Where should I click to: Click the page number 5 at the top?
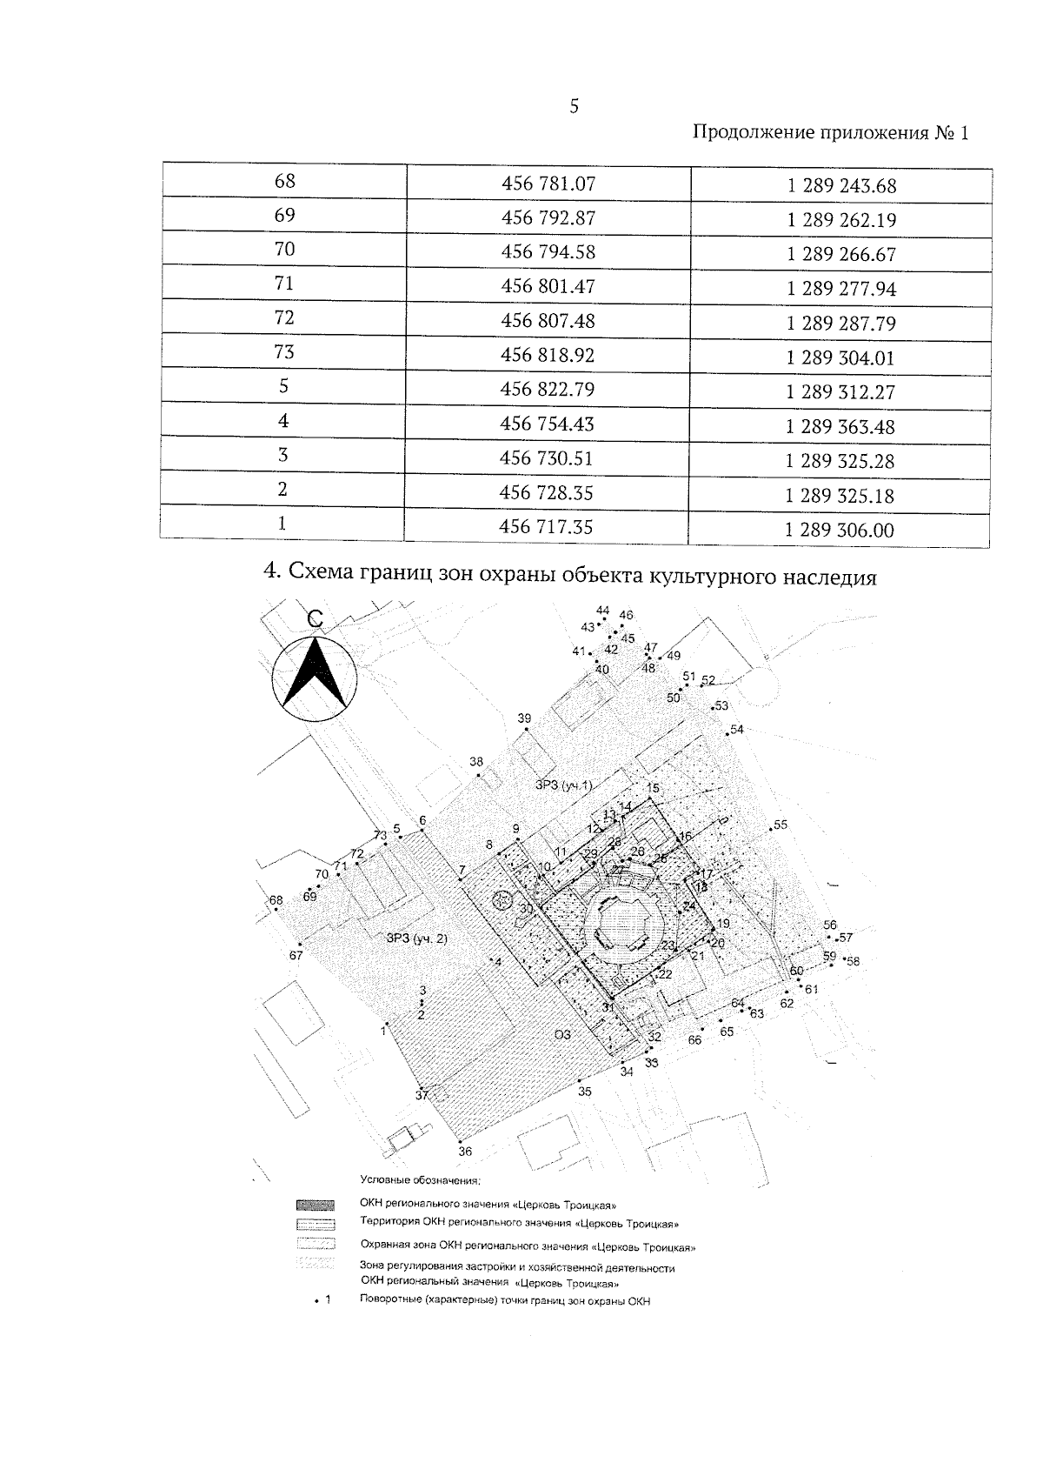[x=573, y=107]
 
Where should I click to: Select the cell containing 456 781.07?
[x=548, y=184]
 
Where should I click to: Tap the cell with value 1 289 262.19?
[x=840, y=220]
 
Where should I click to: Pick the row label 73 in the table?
[x=283, y=351]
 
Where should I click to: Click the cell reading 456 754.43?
[x=548, y=424]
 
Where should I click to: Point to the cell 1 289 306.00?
[x=839, y=530]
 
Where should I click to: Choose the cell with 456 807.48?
[x=548, y=321]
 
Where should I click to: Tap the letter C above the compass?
[x=316, y=618]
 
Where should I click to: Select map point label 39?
[x=524, y=718]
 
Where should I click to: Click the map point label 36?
[x=465, y=1152]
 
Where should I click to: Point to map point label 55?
[x=781, y=825]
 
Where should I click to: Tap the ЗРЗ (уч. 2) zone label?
[x=416, y=938]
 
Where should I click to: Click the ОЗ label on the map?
[x=562, y=1034]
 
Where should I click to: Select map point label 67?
[x=296, y=955]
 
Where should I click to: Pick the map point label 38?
[x=476, y=762]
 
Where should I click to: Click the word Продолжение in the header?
[x=753, y=133]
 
